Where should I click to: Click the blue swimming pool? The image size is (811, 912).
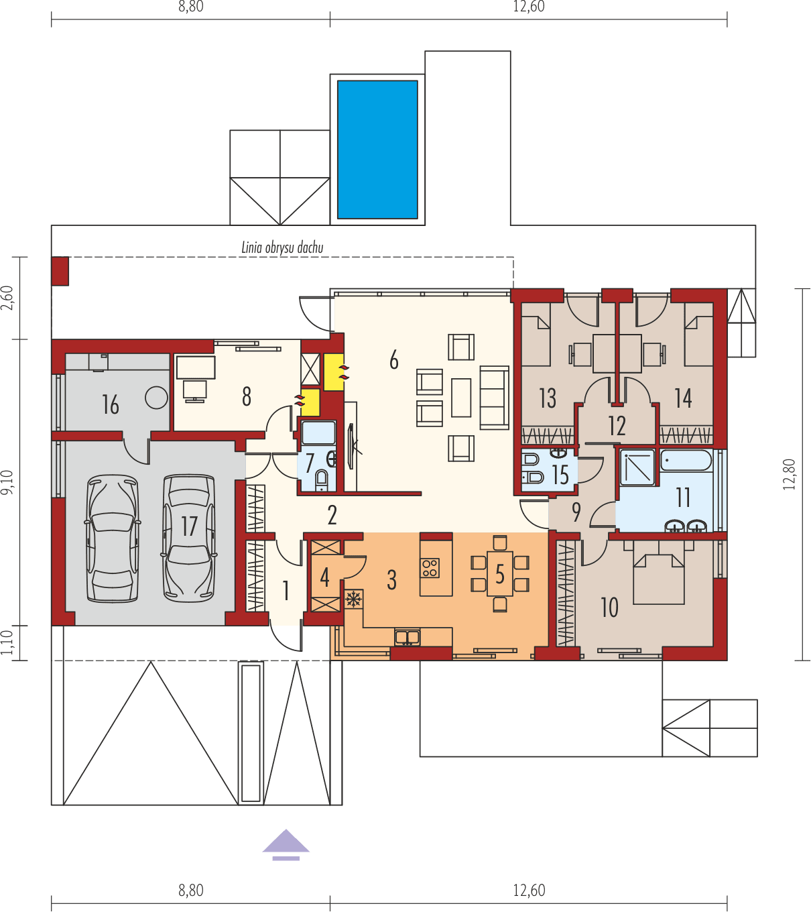click(377, 150)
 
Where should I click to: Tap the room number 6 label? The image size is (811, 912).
click(394, 360)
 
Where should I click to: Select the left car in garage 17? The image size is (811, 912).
click(113, 538)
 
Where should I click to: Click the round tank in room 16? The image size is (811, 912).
click(157, 398)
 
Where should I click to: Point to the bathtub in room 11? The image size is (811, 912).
click(686, 461)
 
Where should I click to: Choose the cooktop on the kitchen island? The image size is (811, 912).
click(430, 568)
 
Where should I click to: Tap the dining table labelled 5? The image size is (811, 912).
click(499, 574)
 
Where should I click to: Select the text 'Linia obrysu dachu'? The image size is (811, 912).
click(282, 247)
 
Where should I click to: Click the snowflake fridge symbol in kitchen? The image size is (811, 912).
click(353, 599)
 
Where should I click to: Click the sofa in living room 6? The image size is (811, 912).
click(495, 397)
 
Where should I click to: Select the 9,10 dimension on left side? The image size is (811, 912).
click(7, 482)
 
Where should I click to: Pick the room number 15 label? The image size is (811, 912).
click(560, 475)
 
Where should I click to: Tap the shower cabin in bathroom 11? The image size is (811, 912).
click(637, 467)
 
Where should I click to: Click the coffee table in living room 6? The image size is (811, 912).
click(461, 397)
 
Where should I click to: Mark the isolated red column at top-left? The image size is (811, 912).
click(60, 271)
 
